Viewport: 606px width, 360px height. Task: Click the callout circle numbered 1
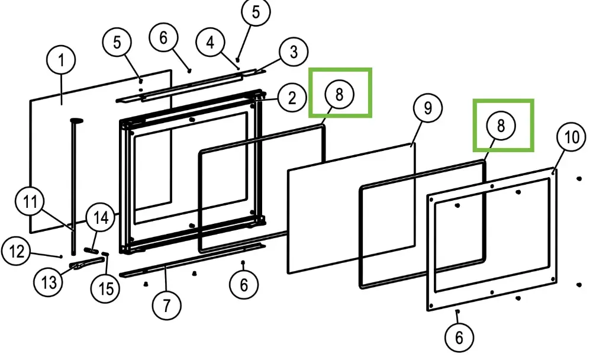[x=62, y=60]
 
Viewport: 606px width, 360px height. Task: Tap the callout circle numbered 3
[x=294, y=53]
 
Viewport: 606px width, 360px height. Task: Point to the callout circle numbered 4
[x=210, y=43]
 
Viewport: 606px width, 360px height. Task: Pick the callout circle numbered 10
[x=571, y=137]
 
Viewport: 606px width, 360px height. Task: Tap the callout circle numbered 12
[x=16, y=252]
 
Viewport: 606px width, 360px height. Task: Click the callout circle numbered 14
[x=101, y=217]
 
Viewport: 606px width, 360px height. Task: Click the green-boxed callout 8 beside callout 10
[x=501, y=126]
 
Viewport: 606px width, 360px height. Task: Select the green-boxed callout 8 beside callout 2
[x=339, y=95]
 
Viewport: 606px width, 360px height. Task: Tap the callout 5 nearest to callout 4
[x=255, y=13]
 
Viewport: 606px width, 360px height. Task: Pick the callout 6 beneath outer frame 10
[x=459, y=337]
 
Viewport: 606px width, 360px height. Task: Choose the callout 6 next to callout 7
[x=244, y=285]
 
